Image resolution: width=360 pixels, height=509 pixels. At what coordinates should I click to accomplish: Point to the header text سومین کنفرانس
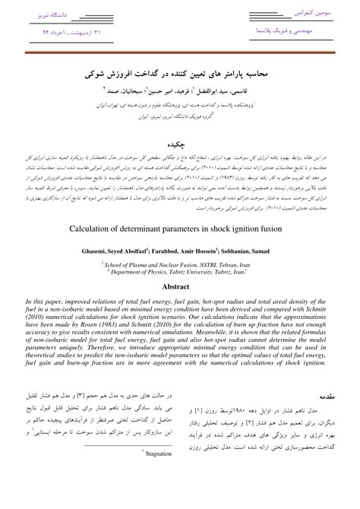pyautogui.click(x=308, y=14)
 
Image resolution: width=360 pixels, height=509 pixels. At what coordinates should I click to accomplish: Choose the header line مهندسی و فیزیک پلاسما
pyautogui.click(x=298, y=32)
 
